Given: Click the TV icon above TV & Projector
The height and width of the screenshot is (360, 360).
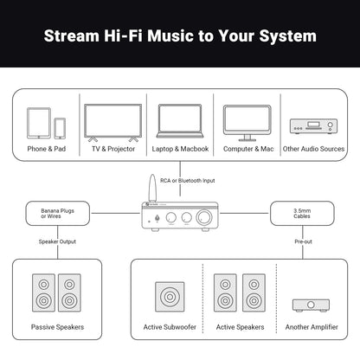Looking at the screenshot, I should (112, 122).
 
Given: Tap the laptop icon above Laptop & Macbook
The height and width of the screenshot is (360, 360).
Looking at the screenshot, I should (180, 122).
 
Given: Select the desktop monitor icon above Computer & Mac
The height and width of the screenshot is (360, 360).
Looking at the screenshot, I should (247, 122).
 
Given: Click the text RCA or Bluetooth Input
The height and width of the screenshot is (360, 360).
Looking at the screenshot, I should (180, 180).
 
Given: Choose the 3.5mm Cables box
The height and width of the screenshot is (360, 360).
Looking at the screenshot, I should (302, 212).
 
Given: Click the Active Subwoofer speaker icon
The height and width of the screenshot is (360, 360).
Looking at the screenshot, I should (170, 296).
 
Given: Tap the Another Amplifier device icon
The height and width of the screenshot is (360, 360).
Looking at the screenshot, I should (310, 305).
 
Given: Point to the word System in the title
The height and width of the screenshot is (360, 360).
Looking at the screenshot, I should (285, 36).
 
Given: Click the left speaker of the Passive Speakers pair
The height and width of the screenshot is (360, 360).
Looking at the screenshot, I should (43, 294).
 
